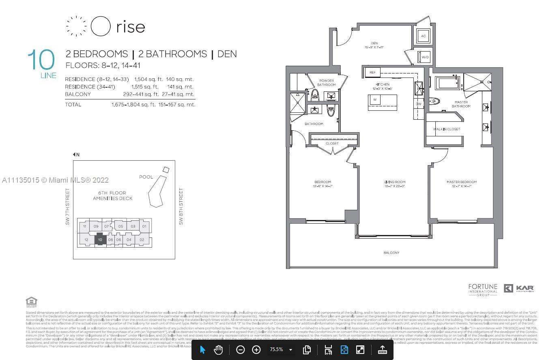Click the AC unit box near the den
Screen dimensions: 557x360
(x=423, y=36)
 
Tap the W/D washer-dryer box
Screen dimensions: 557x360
(x=425, y=57)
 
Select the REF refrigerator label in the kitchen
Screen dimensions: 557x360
(x=372, y=73)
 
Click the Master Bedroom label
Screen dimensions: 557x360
(x=462, y=182)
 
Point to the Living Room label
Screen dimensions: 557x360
(x=394, y=182)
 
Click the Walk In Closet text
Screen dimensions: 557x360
(x=446, y=129)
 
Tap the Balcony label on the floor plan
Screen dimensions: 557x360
(x=391, y=253)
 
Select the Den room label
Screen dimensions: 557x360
(x=374, y=43)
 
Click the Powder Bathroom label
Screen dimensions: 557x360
(x=326, y=83)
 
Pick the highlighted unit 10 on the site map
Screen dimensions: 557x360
(x=100, y=240)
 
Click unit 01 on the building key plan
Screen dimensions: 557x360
(x=144, y=226)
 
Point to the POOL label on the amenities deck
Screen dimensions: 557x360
(x=146, y=177)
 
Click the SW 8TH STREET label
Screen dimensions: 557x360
(x=181, y=206)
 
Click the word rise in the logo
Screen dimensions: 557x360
(x=130, y=27)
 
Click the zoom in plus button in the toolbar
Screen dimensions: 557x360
(x=256, y=349)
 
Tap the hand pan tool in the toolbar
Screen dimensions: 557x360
(x=218, y=349)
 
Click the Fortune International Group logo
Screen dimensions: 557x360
(x=482, y=290)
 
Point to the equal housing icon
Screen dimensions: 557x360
(x=31, y=302)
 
